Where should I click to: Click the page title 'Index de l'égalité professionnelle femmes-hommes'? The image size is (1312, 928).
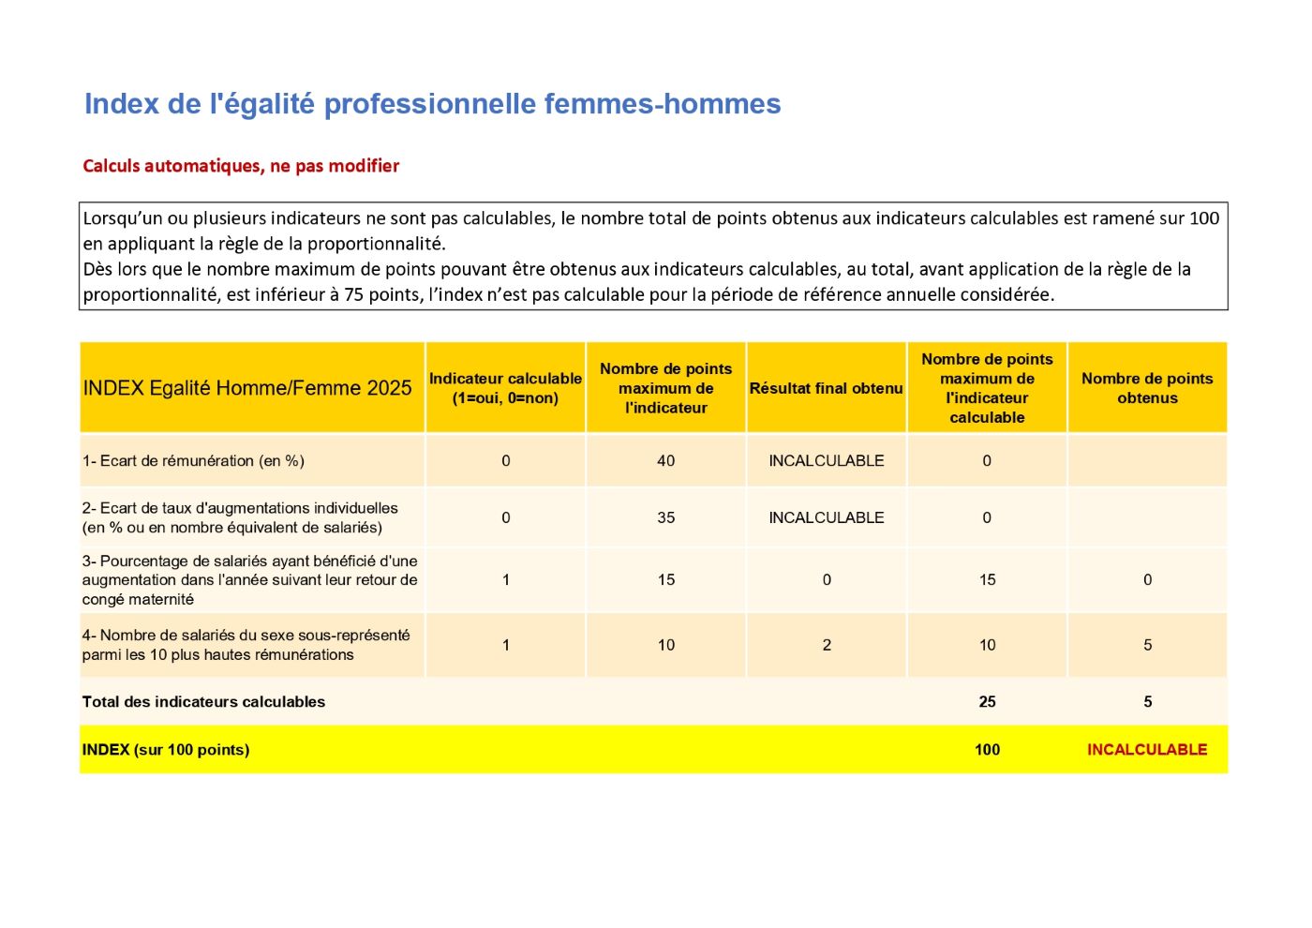[x=432, y=104]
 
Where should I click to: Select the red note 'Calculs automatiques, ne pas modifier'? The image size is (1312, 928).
[x=241, y=166]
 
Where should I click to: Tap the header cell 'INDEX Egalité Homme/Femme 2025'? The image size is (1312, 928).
[x=247, y=388]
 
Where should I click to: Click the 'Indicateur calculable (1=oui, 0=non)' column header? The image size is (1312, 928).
[x=505, y=388]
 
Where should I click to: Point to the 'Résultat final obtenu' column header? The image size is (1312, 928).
[x=826, y=388]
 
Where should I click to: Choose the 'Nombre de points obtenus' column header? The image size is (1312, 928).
[x=1147, y=388]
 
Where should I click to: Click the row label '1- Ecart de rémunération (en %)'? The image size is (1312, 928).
[x=193, y=461]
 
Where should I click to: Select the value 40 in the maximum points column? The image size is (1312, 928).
[x=665, y=461]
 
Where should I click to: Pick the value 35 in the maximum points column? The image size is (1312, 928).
[x=665, y=517]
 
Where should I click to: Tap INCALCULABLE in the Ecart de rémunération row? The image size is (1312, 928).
[x=826, y=461]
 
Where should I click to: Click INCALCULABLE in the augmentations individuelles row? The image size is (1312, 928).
[x=826, y=517]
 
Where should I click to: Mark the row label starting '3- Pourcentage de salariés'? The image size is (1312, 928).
[x=249, y=580]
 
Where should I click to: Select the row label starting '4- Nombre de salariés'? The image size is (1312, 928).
[x=246, y=645]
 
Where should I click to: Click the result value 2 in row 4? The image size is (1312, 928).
[x=826, y=645]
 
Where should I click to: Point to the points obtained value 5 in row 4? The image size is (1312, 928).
[x=1147, y=645]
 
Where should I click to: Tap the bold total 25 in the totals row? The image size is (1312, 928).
[x=987, y=702]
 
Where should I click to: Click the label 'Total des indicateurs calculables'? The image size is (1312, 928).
[x=203, y=702]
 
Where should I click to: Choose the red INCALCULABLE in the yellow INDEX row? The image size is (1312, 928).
[x=1147, y=750]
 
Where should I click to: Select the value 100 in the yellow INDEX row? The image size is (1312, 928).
[x=987, y=750]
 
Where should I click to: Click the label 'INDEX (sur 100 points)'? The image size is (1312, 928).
[x=166, y=750]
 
